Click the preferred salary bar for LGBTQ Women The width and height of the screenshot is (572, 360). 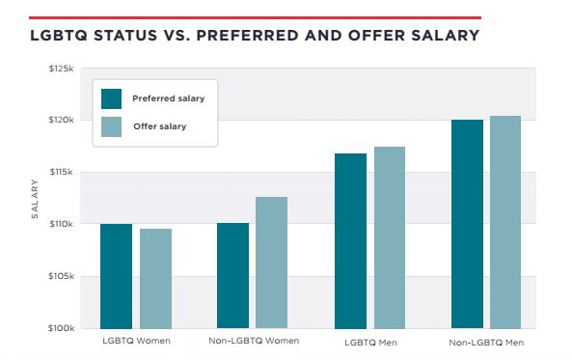[116, 276]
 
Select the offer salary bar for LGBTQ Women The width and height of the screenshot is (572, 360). [155, 279]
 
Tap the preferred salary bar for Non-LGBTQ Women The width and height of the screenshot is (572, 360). [232, 276]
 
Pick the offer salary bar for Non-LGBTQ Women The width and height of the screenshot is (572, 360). [271, 263]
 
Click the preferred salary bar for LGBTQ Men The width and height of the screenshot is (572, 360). [350, 241]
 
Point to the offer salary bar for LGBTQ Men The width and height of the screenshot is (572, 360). [390, 237]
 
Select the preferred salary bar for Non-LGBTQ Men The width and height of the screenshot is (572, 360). [467, 224]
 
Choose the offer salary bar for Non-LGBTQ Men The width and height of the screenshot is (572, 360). [505, 222]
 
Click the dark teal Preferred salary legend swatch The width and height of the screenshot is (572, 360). [111, 99]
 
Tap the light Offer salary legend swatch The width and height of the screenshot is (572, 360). [111, 127]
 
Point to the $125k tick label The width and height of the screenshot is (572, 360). [62, 69]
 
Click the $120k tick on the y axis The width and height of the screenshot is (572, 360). [62, 120]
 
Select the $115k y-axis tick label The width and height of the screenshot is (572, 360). [62, 172]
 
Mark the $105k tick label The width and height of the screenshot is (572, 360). [62, 276]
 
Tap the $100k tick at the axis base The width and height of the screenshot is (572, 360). [62, 328]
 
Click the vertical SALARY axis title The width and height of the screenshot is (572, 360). [35, 199]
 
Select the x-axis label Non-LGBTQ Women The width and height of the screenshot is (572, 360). [254, 341]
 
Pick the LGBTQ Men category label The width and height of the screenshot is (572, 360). [370, 343]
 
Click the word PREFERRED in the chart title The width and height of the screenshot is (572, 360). [248, 36]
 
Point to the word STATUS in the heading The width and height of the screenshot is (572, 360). [125, 36]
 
